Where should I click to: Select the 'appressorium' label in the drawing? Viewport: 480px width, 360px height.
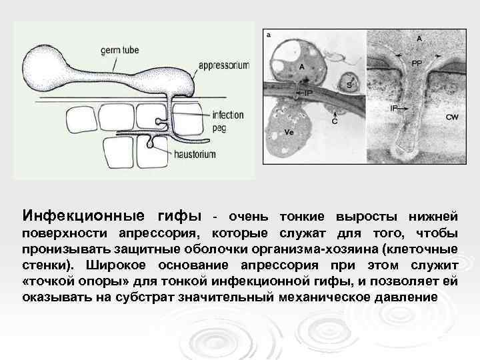click(x=224, y=65)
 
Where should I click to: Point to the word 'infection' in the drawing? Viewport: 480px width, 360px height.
click(x=227, y=114)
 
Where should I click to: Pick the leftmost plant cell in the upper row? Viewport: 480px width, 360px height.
click(x=85, y=120)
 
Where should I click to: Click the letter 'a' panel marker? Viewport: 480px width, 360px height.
click(x=268, y=35)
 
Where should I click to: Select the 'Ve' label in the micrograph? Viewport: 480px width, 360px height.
click(x=289, y=132)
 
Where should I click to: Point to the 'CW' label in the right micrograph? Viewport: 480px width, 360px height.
click(x=451, y=117)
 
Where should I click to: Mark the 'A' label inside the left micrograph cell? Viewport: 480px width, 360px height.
click(x=301, y=67)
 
